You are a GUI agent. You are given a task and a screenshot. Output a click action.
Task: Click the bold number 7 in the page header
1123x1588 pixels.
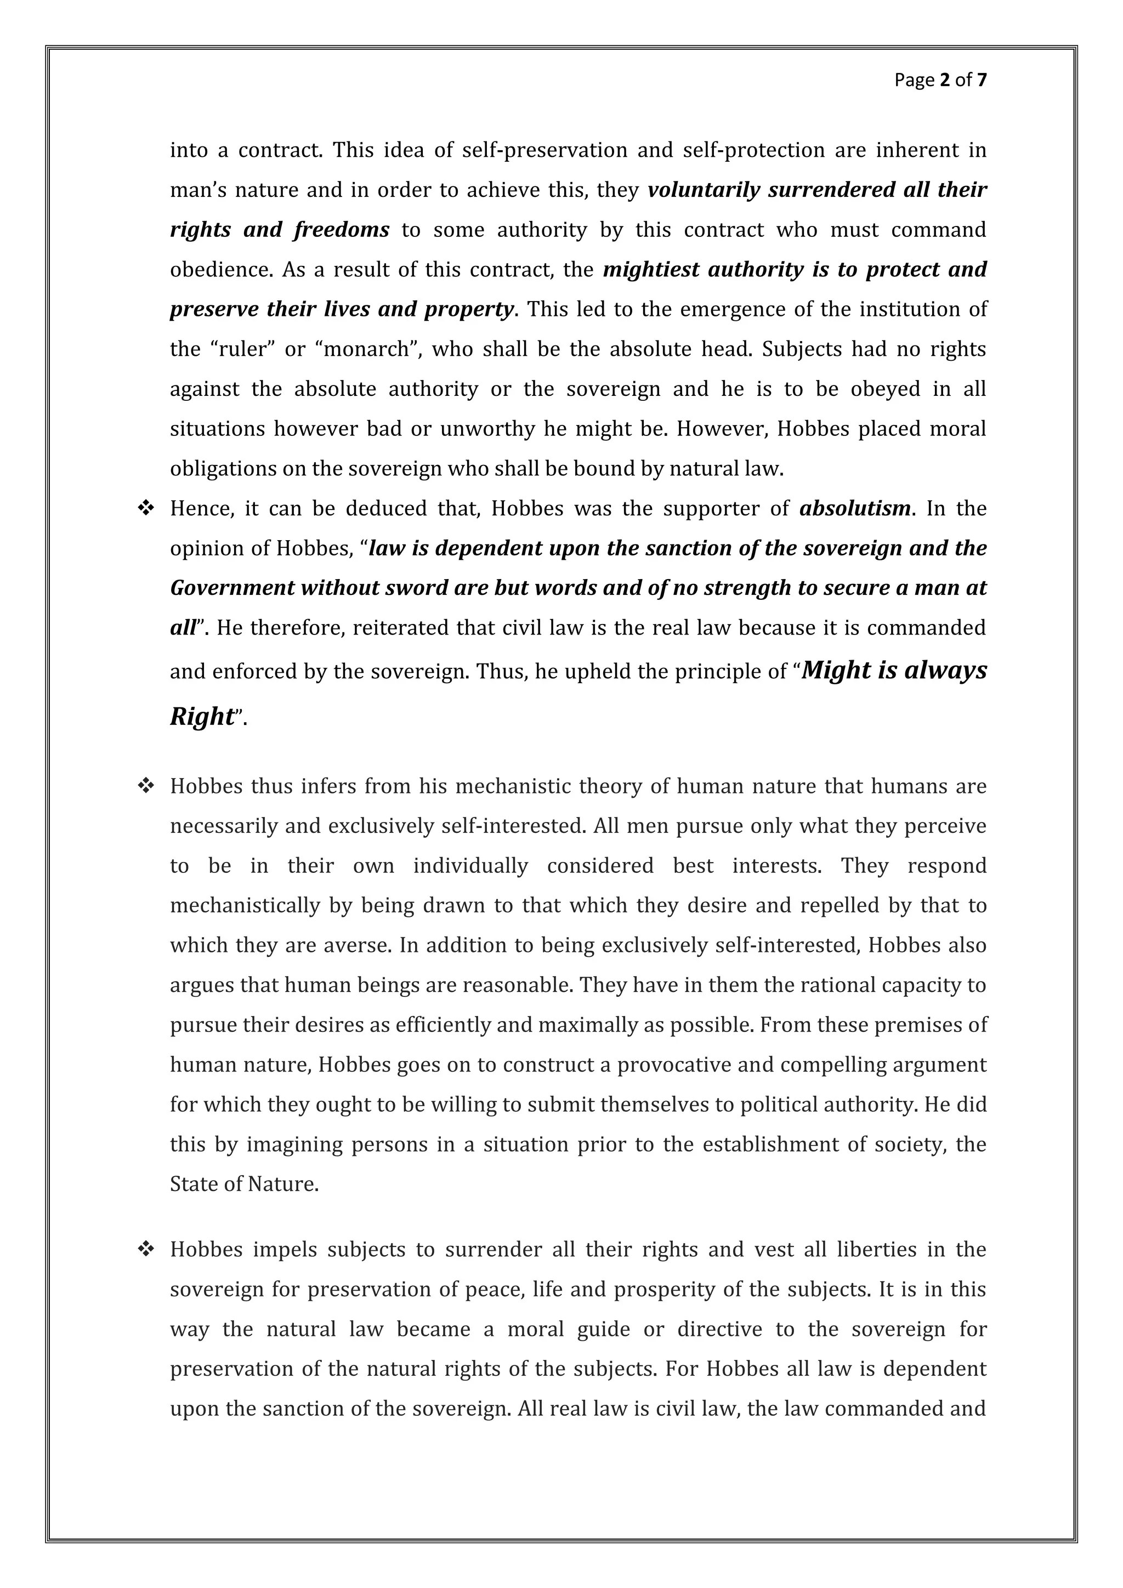click(981, 80)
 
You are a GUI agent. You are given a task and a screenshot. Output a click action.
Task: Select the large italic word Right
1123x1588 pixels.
click(202, 716)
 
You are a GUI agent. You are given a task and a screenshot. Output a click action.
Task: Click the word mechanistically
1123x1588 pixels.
click(245, 905)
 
